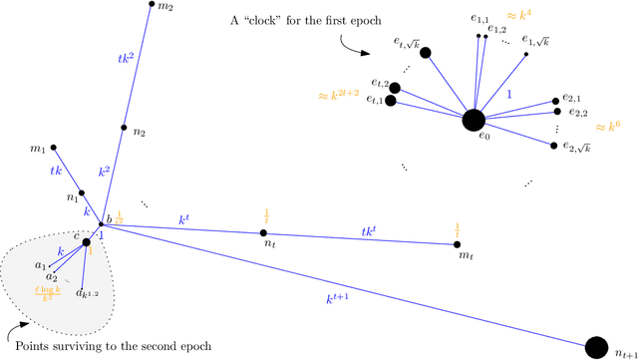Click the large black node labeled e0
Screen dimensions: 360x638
(475, 121)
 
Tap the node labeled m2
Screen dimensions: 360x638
(151, 5)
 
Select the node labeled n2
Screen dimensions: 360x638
(124, 128)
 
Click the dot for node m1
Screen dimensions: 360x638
(54, 144)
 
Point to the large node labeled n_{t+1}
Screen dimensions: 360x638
(596, 346)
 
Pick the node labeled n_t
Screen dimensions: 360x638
(263, 232)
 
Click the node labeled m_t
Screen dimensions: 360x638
(458, 244)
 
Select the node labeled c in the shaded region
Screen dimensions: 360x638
(87, 241)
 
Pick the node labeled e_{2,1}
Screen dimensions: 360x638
(554, 101)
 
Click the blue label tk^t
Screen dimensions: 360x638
(378, 232)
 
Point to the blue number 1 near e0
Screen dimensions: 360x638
(510, 92)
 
